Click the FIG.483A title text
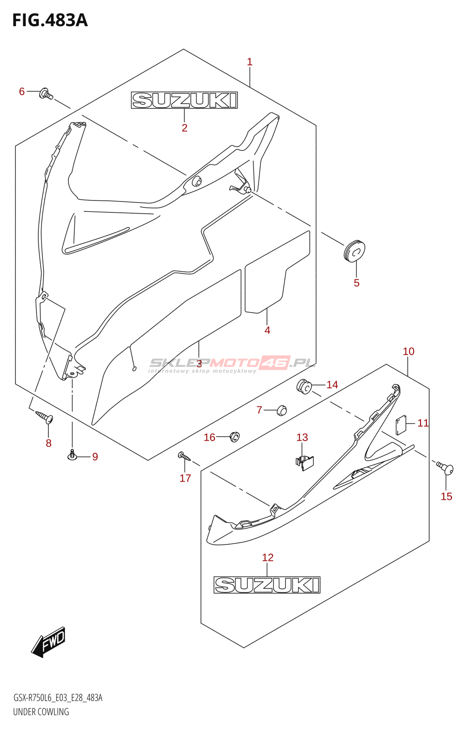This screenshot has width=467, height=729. [x=50, y=20]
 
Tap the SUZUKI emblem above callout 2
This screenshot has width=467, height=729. [x=184, y=100]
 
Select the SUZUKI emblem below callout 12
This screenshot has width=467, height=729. [x=267, y=585]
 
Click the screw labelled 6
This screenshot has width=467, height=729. [x=46, y=94]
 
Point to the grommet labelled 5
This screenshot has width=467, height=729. [x=354, y=251]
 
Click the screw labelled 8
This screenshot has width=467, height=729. [x=45, y=417]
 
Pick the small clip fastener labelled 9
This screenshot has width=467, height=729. [x=72, y=454]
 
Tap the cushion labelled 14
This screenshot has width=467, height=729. [x=304, y=387]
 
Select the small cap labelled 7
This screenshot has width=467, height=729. [x=281, y=410]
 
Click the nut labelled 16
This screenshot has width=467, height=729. [x=234, y=436]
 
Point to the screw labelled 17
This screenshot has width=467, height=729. [x=184, y=456]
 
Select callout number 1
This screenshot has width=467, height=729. [x=249, y=62]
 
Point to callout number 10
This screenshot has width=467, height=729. [x=408, y=351]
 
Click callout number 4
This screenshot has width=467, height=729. [x=267, y=330]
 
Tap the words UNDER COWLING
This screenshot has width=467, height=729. [x=41, y=712]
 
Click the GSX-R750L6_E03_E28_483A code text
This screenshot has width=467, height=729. [x=58, y=698]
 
